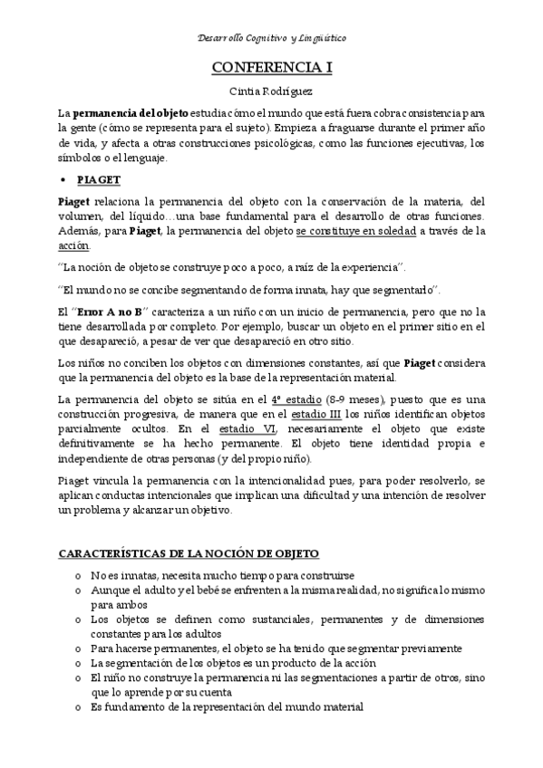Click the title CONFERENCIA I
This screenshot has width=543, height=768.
271,68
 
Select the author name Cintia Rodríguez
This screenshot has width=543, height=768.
271,91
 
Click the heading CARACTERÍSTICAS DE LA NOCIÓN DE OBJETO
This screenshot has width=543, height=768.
188,552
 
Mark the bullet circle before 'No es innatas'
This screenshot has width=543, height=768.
79,576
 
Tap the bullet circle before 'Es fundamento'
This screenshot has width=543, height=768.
79,706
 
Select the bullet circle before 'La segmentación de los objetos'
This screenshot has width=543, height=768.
79,662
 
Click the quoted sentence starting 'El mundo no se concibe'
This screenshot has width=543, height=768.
247,290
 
